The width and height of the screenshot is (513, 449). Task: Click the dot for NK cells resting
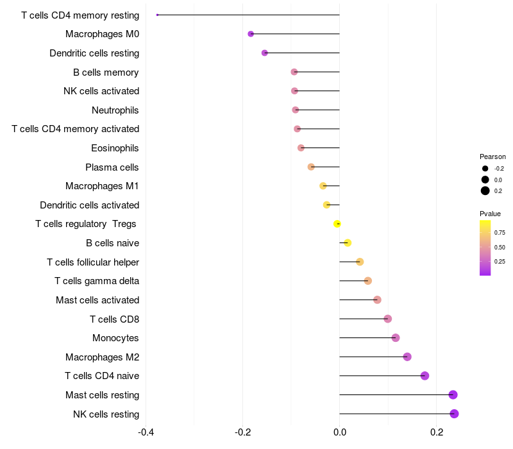(454, 414)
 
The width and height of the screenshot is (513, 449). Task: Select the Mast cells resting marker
(453, 394)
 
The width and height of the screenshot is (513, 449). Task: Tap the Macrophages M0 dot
(251, 34)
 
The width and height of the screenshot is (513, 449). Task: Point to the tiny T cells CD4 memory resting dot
(157, 15)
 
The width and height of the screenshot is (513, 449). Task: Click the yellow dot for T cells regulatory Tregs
(337, 224)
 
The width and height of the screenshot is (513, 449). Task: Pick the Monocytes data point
(395, 338)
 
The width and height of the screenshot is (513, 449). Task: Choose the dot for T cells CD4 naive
(425, 376)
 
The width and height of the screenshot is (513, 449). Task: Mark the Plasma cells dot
(311, 167)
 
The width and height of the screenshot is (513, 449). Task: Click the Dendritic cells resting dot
(264, 53)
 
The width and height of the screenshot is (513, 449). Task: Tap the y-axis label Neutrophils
(115, 110)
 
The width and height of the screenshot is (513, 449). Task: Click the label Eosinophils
(115, 148)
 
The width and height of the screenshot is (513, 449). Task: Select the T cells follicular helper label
(93, 262)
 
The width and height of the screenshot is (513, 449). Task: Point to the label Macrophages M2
(102, 357)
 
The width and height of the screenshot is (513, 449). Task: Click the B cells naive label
(112, 243)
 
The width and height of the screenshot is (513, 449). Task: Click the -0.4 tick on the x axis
(146, 432)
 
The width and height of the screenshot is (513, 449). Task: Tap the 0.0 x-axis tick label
(339, 432)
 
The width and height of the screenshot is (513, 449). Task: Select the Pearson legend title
(492, 157)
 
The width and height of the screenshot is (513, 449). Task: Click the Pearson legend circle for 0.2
(485, 191)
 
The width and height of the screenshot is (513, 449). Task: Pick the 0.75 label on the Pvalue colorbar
(500, 233)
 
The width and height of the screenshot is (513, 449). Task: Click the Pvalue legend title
(490, 214)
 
